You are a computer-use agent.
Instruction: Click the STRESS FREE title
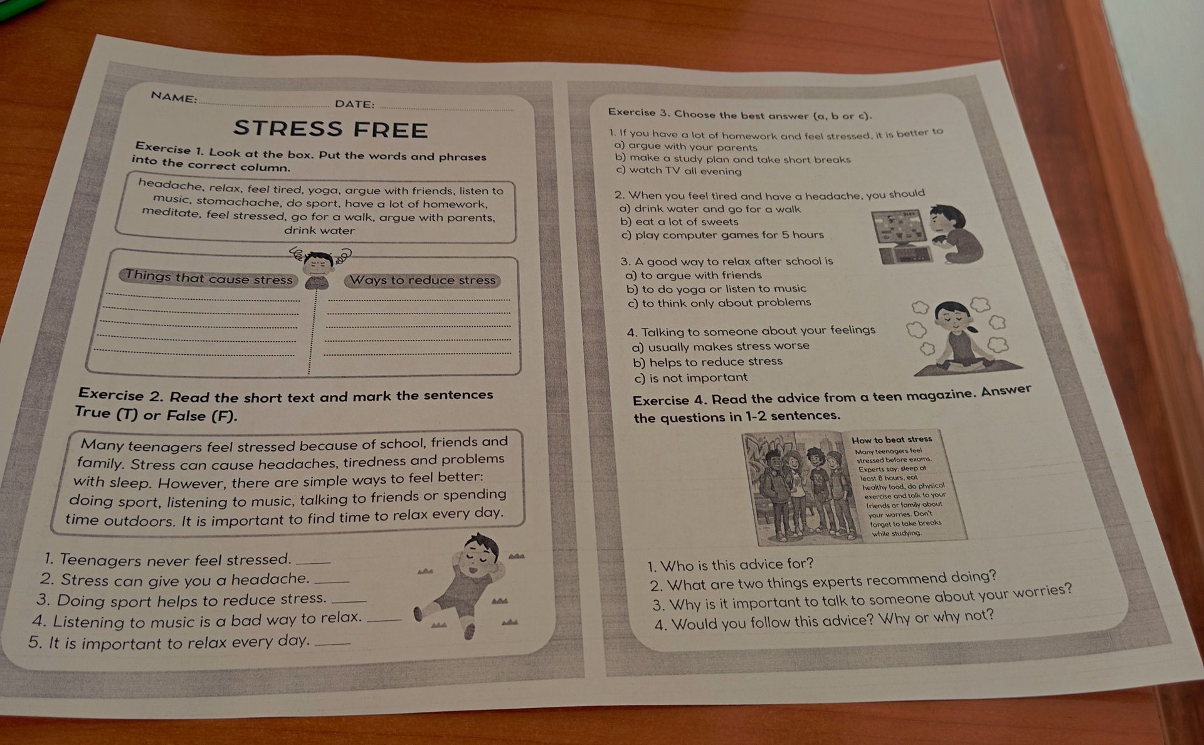[x=330, y=129]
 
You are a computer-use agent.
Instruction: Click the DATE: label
[x=355, y=104]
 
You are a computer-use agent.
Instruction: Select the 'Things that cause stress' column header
[x=209, y=277]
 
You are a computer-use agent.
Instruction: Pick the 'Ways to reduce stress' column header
[x=423, y=280]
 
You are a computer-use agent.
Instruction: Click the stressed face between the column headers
[x=320, y=266]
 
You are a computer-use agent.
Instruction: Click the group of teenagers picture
[x=800, y=488]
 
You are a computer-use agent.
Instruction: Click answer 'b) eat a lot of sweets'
[x=679, y=221]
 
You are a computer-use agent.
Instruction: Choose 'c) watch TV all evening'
[x=679, y=171]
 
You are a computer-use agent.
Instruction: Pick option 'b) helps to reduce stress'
[x=707, y=362]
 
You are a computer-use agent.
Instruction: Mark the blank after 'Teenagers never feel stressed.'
[x=312, y=561]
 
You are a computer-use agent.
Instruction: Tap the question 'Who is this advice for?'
[x=731, y=565]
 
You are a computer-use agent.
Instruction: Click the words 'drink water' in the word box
[x=320, y=230]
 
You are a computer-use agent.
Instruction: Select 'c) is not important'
[x=690, y=378]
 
